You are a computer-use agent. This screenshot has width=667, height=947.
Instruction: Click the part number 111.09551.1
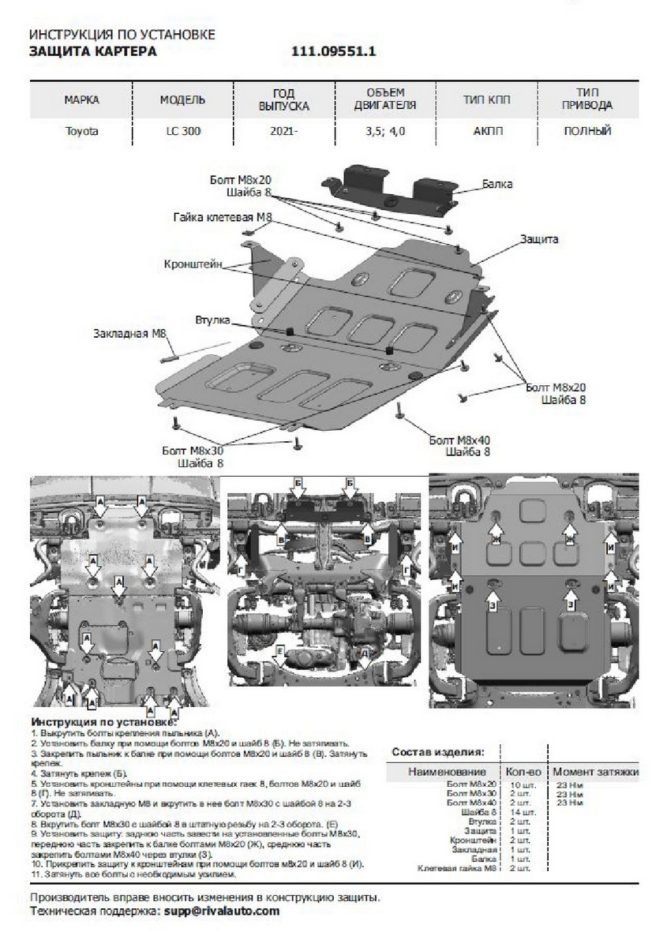point(335,52)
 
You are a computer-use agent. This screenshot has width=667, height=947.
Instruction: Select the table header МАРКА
point(81,100)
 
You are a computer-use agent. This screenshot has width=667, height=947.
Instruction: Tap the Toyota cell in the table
point(81,132)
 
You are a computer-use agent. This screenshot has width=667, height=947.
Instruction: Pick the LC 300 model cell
point(182,132)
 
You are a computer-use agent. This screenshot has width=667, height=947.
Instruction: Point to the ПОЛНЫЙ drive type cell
point(588,132)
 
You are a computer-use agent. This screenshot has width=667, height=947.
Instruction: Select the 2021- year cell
point(284,132)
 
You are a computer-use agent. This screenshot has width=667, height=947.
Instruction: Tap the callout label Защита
point(540,238)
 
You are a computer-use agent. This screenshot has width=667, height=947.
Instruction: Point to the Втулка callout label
point(212,320)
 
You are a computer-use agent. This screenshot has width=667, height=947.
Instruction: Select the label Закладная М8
point(130,333)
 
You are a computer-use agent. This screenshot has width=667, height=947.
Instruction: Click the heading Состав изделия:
point(438,752)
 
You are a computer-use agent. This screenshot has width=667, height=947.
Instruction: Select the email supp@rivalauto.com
point(221,911)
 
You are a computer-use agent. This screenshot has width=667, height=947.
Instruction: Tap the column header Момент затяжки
point(594,770)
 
